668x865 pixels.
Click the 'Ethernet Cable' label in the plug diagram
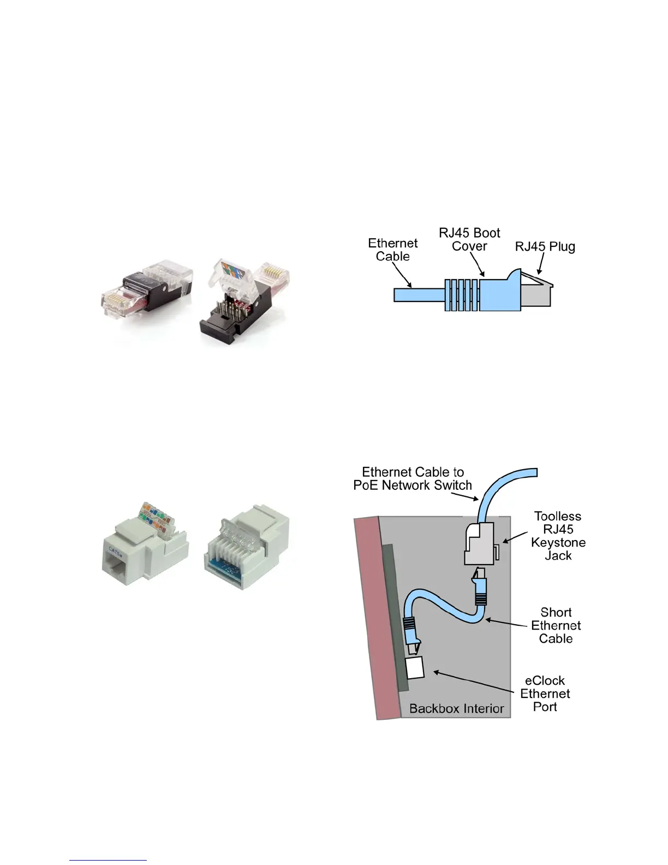click(x=392, y=250)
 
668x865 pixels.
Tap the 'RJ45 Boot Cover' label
click(x=469, y=240)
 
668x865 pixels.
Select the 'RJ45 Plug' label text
click(x=545, y=247)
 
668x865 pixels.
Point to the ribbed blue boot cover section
click(x=461, y=295)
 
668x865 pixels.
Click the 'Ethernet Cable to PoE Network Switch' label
click(x=413, y=478)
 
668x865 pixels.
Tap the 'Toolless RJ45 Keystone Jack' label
click(x=558, y=536)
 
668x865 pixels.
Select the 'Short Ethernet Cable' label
click(x=556, y=625)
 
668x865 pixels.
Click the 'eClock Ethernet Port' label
click(x=545, y=694)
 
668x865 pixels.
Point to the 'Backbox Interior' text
click(x=456, y=709)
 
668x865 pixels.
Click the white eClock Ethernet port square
click(x=415, y=667)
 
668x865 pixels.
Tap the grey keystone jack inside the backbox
click(x=479, y=543)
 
